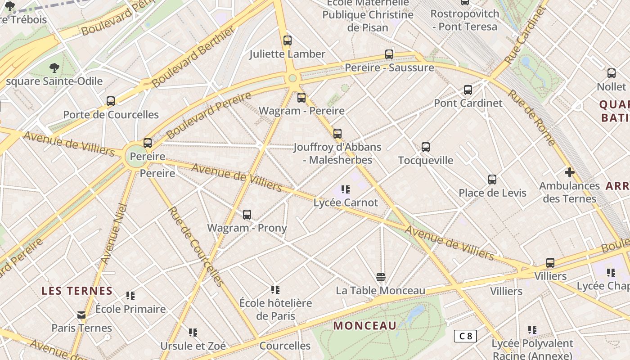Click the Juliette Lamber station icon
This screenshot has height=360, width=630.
tap(288, 40)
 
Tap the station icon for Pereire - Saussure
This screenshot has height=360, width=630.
tap(389, 54)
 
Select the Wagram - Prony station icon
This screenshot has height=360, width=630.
tap(247, 215)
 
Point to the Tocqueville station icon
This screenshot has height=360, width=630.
tap(426, 147)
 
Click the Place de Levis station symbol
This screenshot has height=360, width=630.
tap(492, 180)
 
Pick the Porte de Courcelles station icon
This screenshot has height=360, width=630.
tap(111, 101)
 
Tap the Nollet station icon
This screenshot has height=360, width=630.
tap(612, 73)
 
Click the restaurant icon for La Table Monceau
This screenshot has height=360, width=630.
tap(381, 277)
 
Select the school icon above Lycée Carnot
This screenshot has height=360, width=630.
tap(346, 189)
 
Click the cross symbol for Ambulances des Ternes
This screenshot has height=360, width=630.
tap(570, 172)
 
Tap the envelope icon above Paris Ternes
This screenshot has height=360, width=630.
tap(81, 315)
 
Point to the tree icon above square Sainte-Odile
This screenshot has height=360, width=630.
tap(54, 68)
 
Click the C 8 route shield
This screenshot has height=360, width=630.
tap(465, 336)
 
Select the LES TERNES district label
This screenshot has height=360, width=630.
tap(77, 291)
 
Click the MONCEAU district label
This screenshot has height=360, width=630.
tap(365, 326)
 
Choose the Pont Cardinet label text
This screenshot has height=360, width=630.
tap(468, 103)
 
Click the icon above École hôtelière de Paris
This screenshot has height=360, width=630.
tap(275, 289)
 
